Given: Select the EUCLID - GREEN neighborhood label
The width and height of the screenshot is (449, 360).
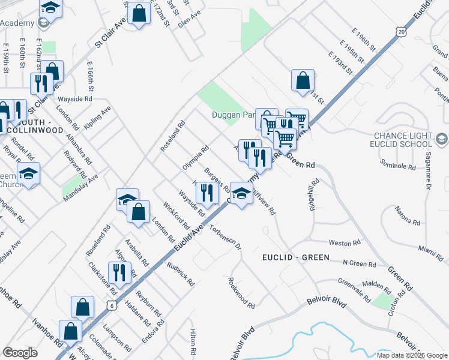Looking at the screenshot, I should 295,257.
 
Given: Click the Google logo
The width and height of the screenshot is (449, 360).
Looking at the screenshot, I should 20,353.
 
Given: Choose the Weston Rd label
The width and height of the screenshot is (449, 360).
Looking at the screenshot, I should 345,243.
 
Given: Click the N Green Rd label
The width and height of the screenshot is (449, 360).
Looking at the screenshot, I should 359,263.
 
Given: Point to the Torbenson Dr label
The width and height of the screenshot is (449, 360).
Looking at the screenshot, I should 225,236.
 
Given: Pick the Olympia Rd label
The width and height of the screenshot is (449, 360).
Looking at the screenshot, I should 196,157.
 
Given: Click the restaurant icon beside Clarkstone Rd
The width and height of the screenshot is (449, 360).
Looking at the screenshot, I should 118,273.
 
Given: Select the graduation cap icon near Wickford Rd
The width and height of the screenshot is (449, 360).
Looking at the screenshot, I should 127,199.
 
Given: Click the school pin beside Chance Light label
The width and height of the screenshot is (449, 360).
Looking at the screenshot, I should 441,140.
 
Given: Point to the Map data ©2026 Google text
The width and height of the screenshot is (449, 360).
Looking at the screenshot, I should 412,355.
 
